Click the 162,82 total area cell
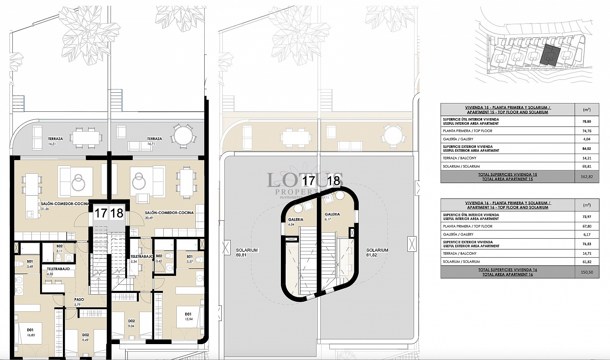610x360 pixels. (x=586, y=177)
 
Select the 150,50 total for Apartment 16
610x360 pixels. (x=586, y=272)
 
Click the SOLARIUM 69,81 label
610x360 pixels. (x=247, y=252)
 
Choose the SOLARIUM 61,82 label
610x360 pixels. (x=377, y=252)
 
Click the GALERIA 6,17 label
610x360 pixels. (x=332, y=217)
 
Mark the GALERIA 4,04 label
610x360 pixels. (x=295, y=222)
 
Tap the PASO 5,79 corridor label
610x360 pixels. (x=79, y=302)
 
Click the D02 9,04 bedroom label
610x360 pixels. (x=131, y=323)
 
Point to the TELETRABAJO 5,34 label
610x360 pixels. (x=142, y=258)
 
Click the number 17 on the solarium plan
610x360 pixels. (x=308, y=181)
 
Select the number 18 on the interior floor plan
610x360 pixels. (x=117, y=213)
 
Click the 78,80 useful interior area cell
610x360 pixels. (x=586, y=121)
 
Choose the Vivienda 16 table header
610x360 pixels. (x=508, y=205)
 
